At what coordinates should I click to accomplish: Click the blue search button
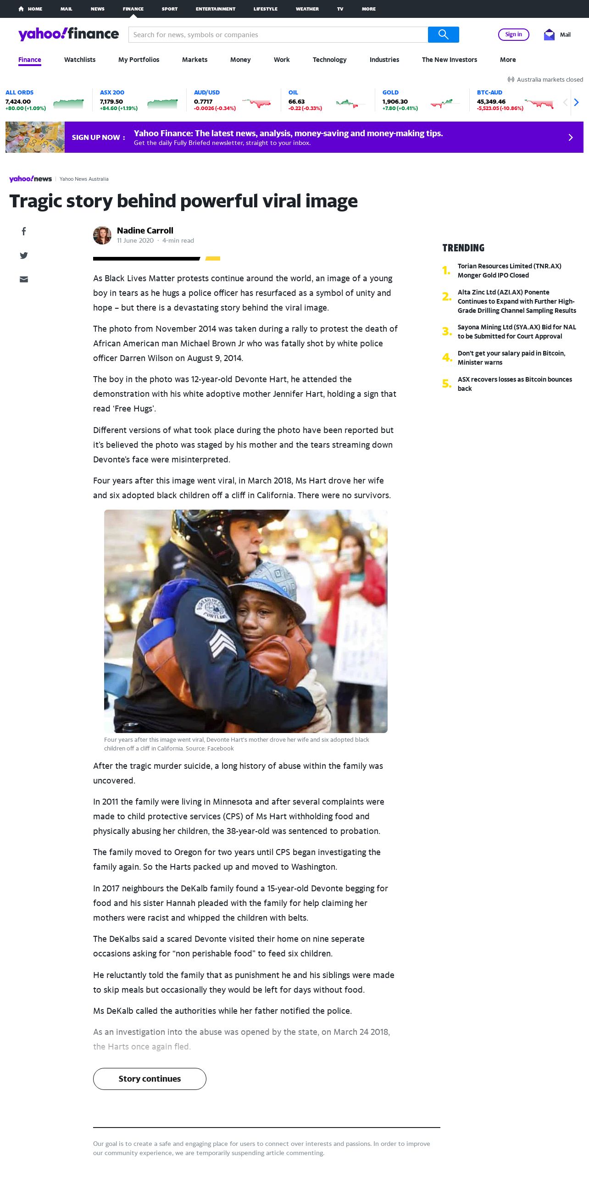(x=443, y=34)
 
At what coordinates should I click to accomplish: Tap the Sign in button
(x=513, y=34)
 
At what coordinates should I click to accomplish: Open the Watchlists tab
(x=80, y=60)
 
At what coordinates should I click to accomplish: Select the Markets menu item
(x=194, y=60)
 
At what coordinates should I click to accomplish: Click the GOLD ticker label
(x=390, y=92)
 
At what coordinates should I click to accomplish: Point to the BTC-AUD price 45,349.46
(x=491, y=101)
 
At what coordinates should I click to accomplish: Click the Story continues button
(x=150, y=1078)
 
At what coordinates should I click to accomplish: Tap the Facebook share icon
(x=24, y=231)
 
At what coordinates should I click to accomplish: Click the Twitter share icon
(x=24, y=256)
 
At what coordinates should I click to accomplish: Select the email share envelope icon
(x=24, y=279)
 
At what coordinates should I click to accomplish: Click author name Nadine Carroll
(x=145, y=230)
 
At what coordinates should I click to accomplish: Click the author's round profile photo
(x=102, y=235)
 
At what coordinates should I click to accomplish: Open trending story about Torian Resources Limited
(x=509, y=271)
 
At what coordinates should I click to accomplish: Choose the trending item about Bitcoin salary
(x=511, y=358)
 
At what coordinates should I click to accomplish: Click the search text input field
(x=278, y=34)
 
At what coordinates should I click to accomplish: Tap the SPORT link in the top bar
(x=169, y=9)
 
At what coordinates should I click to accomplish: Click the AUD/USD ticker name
(x=206, y=92)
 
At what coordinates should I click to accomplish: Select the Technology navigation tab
(x=329, y=60)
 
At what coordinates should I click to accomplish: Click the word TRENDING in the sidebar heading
(x=463, y=248)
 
